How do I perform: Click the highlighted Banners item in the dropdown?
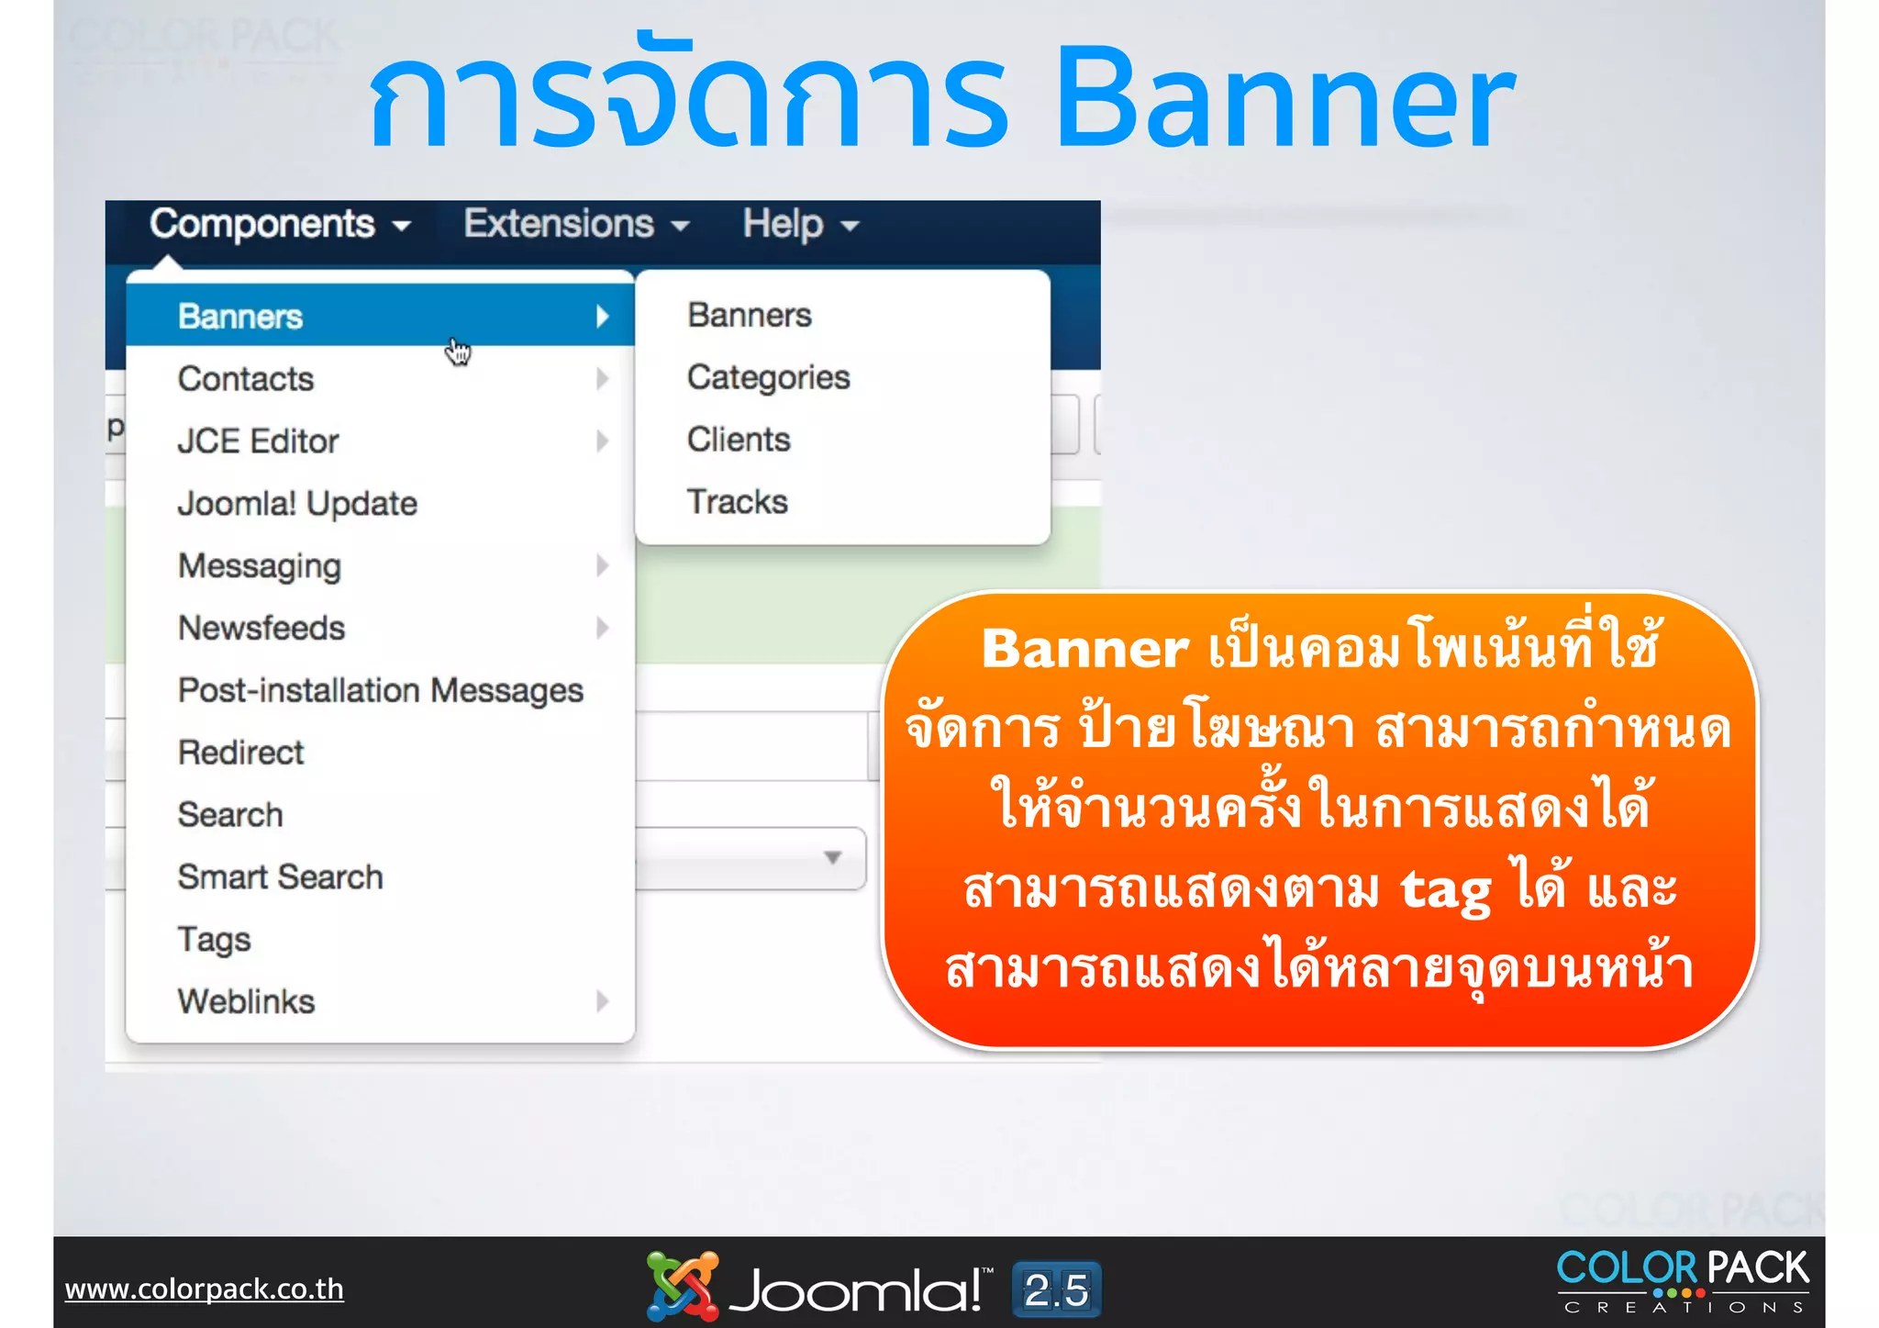pos(240,317)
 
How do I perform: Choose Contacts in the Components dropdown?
pos(246,379)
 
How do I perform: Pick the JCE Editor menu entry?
pos(258,441)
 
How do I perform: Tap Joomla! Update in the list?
pos(297,504)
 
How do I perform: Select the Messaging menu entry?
pos(260,566)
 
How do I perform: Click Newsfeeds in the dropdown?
pos(261,629)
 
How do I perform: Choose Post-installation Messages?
pos(380,690)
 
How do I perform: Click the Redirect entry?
pos(240,753)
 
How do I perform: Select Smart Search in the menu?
pos(280,877)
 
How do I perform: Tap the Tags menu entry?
pos(214,940)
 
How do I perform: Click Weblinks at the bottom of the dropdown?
pos(246,1001)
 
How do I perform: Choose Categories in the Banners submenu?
pos(768,378)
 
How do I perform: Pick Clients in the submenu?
pos(739,440)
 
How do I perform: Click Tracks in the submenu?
pos(737,502)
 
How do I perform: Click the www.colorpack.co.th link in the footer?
pos(204,1289)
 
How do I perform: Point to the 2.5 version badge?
pos(1056,1289)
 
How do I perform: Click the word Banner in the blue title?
pos(1284,99)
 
